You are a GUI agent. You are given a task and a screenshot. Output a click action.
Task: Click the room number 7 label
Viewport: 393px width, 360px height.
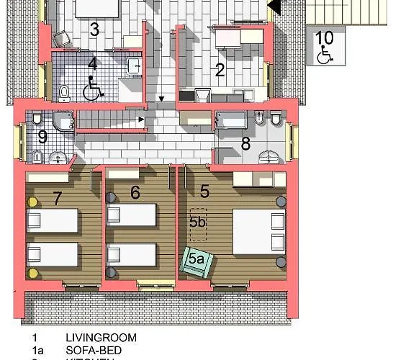point(58,199)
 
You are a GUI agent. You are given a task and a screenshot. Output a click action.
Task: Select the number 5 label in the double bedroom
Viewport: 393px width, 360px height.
point(204,192)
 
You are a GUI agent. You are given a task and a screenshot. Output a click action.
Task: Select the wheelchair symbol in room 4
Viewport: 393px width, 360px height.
point(92,91)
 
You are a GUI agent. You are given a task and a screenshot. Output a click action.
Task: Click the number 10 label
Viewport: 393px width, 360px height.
point(325,37)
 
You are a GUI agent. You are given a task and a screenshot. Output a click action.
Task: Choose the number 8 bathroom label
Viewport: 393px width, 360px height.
point(245,144)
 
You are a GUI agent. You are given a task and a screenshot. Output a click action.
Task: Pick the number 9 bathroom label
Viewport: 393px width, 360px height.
point(42,135)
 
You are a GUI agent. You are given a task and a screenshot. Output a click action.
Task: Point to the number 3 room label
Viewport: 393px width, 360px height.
point(94,30)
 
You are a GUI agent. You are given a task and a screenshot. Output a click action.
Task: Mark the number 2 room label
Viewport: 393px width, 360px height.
point(220,70)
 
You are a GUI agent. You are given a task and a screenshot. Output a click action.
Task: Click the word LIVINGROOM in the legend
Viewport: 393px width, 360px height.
point(101,337)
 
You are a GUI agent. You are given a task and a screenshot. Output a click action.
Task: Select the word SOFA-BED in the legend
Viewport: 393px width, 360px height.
point(94,349)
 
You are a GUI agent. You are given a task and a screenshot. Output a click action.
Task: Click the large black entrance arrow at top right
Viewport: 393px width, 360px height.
point(274,6)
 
